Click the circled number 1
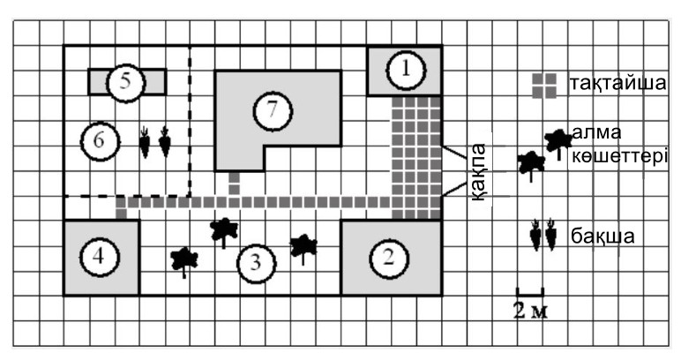click(406, 71)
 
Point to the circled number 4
click(99, 257)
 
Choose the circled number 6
click(99, 139)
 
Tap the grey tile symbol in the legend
click(544, 83)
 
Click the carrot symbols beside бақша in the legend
click(543, 236)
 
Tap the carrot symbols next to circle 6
click(154, 141)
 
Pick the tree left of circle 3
click(183, 259)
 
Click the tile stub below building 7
click(235, 184)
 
